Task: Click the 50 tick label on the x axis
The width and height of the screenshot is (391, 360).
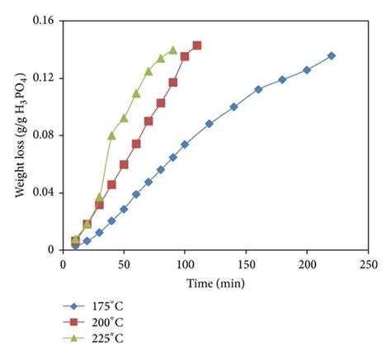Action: tap(124, 264)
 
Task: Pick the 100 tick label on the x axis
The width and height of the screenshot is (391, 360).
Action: tap(185, 264)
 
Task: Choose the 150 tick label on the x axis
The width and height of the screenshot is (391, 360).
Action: tap(246, 264)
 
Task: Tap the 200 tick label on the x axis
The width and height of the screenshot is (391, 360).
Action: tap(307, 264)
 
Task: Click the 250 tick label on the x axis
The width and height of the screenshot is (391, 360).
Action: tap(368, 264)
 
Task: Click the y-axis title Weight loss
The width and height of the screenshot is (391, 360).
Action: tap(17, 136)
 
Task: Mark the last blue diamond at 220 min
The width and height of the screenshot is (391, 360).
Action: tap(332, 55)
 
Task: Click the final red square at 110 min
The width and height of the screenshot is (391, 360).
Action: tap(197, 45)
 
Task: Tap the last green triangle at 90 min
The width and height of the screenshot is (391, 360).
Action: tap(172, 50)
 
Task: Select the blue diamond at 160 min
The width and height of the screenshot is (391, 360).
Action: tap(258, 89)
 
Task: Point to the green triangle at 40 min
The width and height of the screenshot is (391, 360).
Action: tap(111, 135)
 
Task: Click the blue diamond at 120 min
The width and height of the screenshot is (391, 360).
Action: tap(210, 124)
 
